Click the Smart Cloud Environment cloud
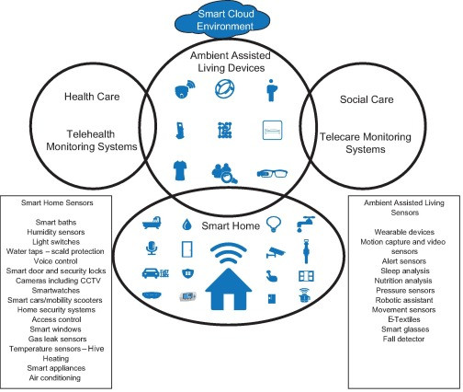coord(222,20)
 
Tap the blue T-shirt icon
coord(180,170)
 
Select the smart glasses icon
coord(272,173)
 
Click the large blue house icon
coord(229,289)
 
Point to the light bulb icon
coord(273,224)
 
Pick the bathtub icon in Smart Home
coord(152,223)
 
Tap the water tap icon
coord(305,224)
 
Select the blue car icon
coord(152,272)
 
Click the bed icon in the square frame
coord(272,130)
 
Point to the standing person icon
coord(271,90)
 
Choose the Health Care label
coord(92,97)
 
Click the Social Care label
coord(367,99)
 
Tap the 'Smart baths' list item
coord(56,222)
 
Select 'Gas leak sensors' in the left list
coord(57,339)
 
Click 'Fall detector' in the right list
coord(403,339)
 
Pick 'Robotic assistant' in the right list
coord(404,300)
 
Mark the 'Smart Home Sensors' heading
coord(57,202)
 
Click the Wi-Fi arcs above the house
coord(229,253)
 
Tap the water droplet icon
coord(186,225)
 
